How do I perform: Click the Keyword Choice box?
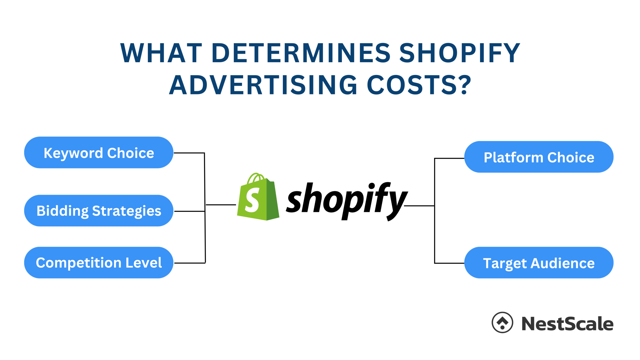click(98, 152)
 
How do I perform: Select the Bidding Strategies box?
click(98, 211)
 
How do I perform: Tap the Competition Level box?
click(98, 262)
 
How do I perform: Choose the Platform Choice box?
click(539, 157)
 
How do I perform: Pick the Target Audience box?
click(539, 263)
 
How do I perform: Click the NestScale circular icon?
click(502, 322)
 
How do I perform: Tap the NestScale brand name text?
click(567, 324)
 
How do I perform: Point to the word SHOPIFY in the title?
click(460, 53)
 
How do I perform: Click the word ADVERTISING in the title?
click(263, 85)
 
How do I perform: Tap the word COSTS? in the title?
click(419, 85)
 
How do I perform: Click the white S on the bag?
click(252, 200)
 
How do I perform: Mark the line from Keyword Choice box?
click(189, 153)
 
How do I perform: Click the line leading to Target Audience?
click(449, 263)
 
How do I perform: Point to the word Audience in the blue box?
click(562, 263)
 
